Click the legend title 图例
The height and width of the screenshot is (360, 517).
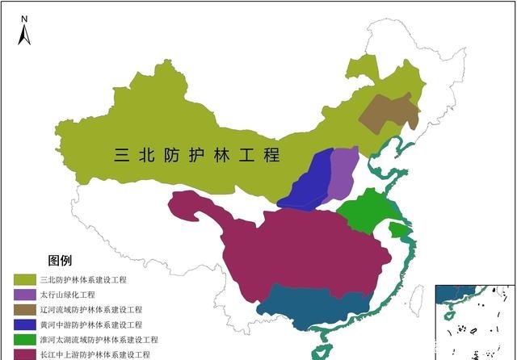(60, 260)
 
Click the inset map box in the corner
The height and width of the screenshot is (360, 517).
(475, 321)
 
